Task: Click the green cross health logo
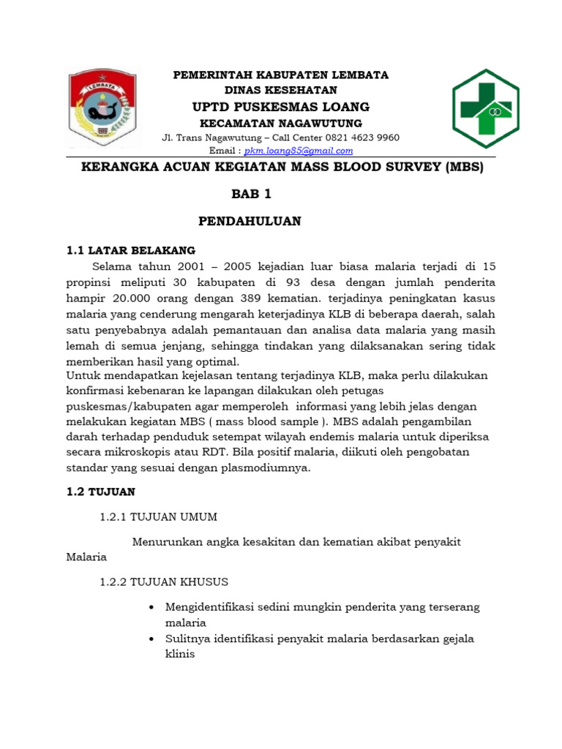[485, 108]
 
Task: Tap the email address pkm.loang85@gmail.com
[299, 151]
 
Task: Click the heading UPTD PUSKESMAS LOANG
[281, 107]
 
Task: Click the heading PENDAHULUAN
[250, 222]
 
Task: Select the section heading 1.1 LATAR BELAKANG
[131, 250]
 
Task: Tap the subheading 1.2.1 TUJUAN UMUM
[158, 517]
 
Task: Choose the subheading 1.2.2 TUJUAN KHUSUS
[164, 582]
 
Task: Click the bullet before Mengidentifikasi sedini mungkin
[151, 608]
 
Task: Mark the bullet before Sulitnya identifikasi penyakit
[151, 639]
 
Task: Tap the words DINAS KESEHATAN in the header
[280, 90]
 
